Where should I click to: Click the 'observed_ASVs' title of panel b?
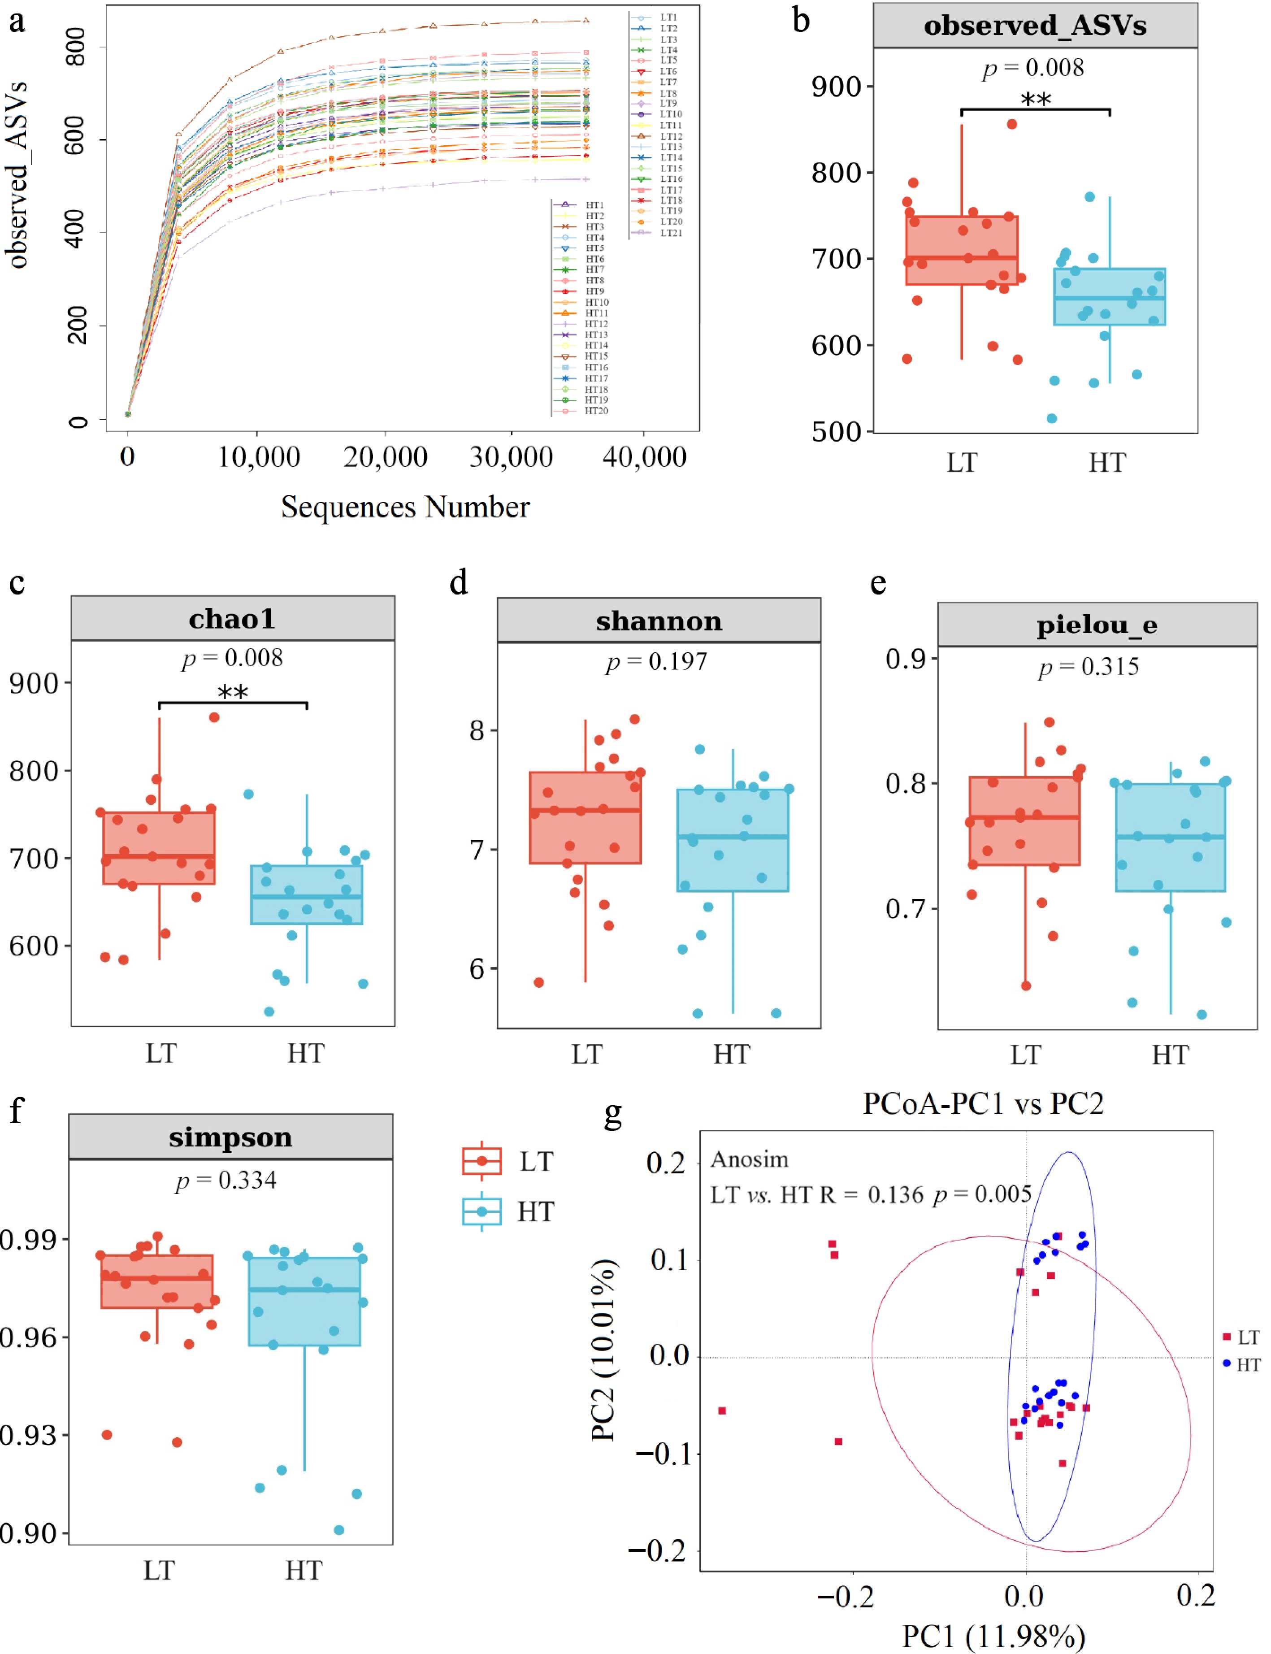click(1035, 26)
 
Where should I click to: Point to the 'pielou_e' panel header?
click(1096, 625)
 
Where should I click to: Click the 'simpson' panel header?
click(231, 1137)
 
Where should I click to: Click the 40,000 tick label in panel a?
click(645, 457)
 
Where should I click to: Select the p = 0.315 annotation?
click(1089, 667)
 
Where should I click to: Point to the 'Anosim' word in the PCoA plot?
click(750, 1160)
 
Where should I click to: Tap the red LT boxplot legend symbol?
click(482, 1161)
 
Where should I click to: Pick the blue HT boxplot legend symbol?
click(482, 1211)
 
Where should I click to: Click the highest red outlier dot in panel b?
click(1012, 124)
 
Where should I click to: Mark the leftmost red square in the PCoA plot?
click(723, 1411)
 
